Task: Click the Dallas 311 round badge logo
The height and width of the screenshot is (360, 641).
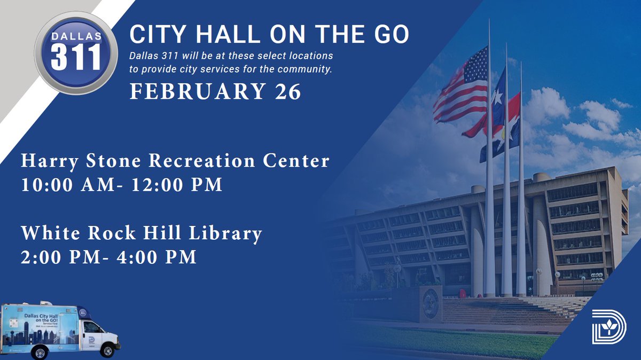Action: click(x=76, y=52)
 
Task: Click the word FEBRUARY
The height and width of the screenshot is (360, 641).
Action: click(x=198, y=91)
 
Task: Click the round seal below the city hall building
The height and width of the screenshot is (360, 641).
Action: click(x=431, y=302)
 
